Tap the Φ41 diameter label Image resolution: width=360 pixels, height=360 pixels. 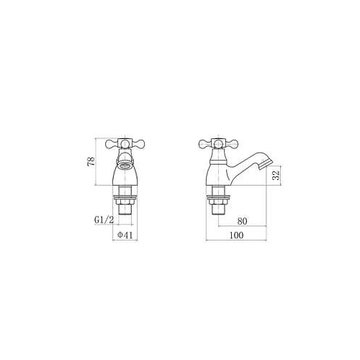coord(126,235)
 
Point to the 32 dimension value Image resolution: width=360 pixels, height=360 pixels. coord(275,176)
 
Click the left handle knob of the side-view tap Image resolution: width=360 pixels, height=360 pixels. coord(202,145)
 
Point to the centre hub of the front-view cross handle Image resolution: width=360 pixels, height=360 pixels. coord(125,144)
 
